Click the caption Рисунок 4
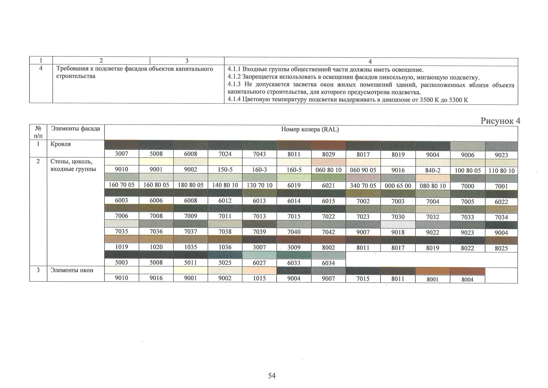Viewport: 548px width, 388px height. tap(500, 121)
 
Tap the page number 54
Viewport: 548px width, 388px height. tap(272, 375)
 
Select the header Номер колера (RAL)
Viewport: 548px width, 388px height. tap(310, 130)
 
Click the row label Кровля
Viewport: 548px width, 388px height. tap(60, 144)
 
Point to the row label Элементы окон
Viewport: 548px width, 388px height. tap(72, 270)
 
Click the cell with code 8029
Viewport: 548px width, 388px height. tap(328, 155)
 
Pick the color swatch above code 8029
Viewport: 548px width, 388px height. tap(328, 146)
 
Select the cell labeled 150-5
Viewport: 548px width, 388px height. tap(225, 170)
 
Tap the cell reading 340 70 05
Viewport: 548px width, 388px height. tap(363, 186)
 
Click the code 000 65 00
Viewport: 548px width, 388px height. tap(398, 186)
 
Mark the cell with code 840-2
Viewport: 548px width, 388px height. tap(432, 170)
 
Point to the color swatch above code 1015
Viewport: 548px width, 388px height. tap(259, 270)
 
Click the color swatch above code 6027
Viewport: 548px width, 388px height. tap(259, 255)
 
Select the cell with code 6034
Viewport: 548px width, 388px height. tap(328, 263)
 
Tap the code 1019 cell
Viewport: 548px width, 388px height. tap(121, 247)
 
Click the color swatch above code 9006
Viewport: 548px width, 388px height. tap(467, 146)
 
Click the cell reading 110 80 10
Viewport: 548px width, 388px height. tap(501, 171)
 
